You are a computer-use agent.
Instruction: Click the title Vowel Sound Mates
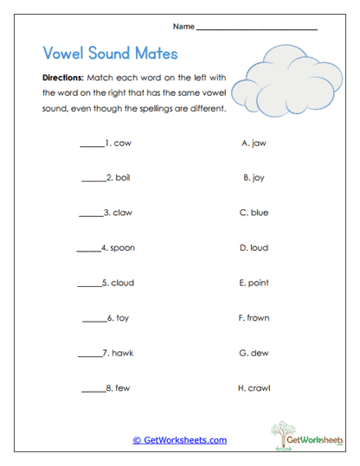110,54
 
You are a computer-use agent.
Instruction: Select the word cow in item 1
122,143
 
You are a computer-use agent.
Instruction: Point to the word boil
123,178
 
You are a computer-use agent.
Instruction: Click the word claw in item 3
124,213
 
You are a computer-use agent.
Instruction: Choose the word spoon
122,248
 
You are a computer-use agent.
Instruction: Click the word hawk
123,353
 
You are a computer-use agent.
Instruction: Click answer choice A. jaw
254,143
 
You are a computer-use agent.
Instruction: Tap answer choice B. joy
254,178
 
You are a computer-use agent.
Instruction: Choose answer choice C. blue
254,213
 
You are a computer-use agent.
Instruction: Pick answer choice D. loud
254,248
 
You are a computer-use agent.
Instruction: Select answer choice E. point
254,283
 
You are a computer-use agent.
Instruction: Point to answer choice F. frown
254,318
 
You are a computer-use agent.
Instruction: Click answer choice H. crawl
254,388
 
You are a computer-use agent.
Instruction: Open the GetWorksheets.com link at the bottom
180,440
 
